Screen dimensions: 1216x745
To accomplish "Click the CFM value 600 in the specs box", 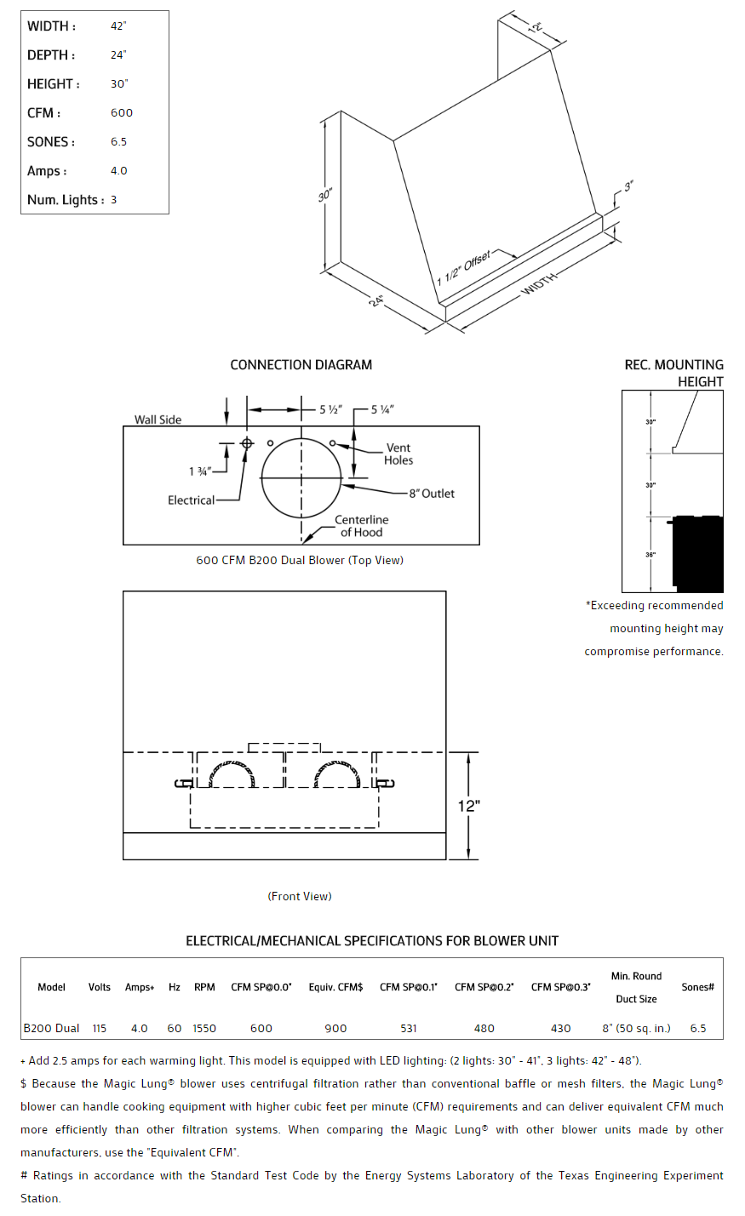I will pos(122,113).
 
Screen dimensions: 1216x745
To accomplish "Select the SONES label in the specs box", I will pos(51,142).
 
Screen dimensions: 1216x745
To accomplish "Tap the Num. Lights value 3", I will pos(113,200).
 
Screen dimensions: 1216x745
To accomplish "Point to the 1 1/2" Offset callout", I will pos(464,268).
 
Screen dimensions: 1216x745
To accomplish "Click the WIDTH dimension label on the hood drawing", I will pos(540,283).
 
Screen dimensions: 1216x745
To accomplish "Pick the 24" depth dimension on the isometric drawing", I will pos(376,300).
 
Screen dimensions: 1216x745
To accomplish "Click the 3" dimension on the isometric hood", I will pos(628,186).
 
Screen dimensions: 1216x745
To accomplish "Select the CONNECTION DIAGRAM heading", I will pos(301,365).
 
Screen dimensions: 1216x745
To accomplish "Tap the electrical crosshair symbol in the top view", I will pos(247,443).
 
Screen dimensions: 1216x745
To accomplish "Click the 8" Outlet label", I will pos(432,494).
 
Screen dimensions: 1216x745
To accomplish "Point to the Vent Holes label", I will pos(398,454).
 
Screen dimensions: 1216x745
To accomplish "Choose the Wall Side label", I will pos(158,420).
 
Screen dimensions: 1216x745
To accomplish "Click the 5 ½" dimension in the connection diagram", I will pos(330,410).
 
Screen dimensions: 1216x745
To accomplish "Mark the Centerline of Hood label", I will pos(361,526).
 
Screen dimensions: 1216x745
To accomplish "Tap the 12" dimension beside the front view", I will pos(469,806).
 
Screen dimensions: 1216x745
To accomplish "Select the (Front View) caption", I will pos(300,896).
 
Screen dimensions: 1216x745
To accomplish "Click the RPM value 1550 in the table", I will pos(204,1029).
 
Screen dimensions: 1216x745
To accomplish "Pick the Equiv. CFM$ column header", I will pos(335,987).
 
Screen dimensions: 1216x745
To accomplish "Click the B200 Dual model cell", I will pos(52,1029).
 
